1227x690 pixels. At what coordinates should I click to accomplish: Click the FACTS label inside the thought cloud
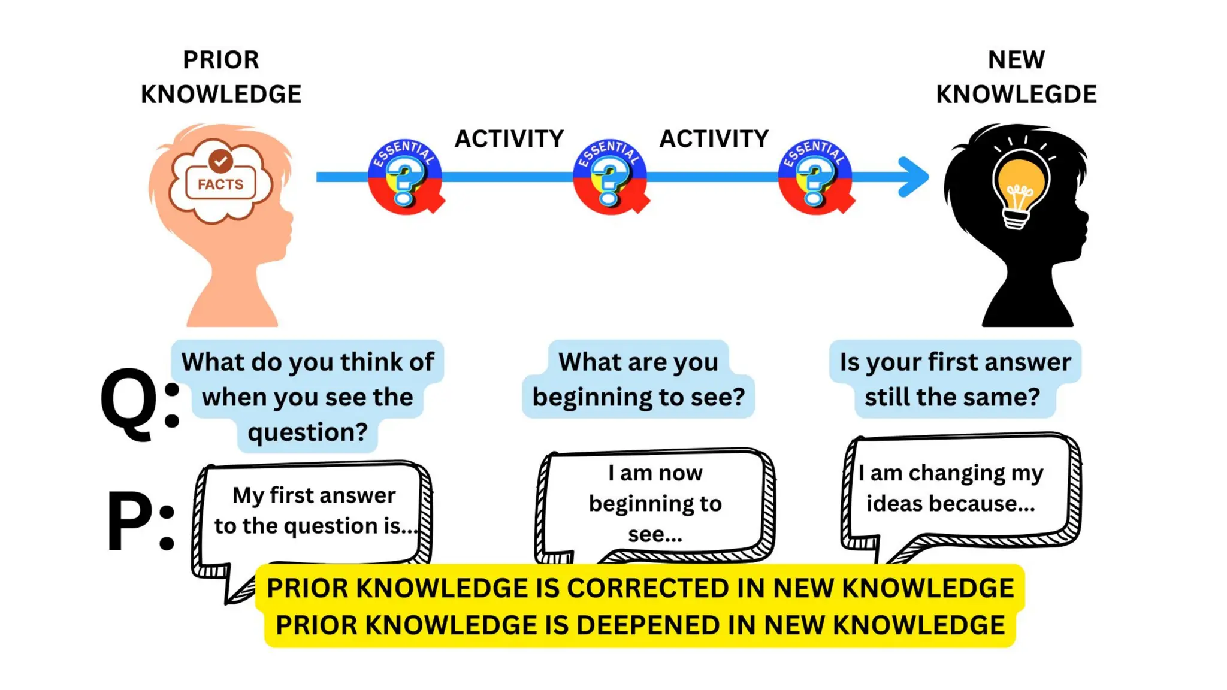coord(220,184)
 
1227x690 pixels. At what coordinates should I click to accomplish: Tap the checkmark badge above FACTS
coord(221,161)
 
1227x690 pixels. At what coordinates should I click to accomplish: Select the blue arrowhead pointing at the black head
coord(914,177)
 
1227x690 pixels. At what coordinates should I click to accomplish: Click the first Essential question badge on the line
coord(405,177)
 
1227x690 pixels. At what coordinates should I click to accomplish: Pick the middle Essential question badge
coord(610,177)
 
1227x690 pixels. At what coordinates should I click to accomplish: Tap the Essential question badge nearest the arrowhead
coord(815,177)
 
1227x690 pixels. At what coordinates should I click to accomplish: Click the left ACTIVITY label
coord(509,139)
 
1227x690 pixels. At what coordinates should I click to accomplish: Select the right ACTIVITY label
coord(714,139)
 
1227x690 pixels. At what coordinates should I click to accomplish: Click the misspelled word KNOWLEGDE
coord(1016,95)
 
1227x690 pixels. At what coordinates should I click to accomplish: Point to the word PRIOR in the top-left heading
coord(221,60)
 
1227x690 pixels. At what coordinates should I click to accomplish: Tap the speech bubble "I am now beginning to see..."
coord(655,503)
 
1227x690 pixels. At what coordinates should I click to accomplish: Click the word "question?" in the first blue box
coord(308,432)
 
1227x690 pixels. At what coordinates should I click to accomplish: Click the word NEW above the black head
coord(1016,60)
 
